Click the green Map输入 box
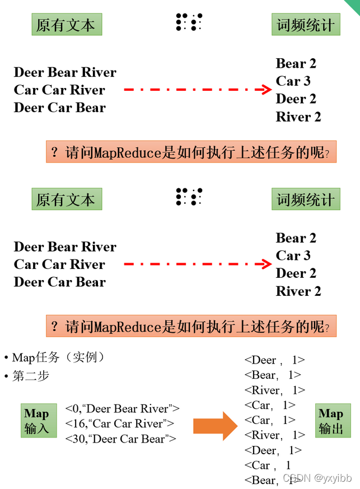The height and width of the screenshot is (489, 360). click(39, 421)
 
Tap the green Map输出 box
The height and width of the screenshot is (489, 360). click(333, 421)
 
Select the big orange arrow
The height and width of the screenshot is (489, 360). click(216, 426)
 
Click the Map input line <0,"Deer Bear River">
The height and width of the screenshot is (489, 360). click(122, 408)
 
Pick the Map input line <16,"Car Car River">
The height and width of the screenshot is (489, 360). click(119, 423)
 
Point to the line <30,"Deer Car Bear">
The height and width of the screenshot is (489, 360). click(120, 439)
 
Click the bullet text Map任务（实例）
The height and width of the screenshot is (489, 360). click(58, 357)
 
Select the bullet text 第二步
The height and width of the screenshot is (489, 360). click(31, 376)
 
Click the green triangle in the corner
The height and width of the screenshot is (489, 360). click(354, 5)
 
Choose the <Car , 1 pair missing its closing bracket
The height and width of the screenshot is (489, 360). click(268, 465)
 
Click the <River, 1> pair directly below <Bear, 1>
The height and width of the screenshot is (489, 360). click(274, 390)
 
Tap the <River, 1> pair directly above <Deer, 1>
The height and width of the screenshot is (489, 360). click(274, 435)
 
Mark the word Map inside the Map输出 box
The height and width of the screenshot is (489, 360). click(331, 413)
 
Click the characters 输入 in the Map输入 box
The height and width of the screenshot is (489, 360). click(37, 429)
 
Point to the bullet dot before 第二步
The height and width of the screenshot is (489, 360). click(6, 376)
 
